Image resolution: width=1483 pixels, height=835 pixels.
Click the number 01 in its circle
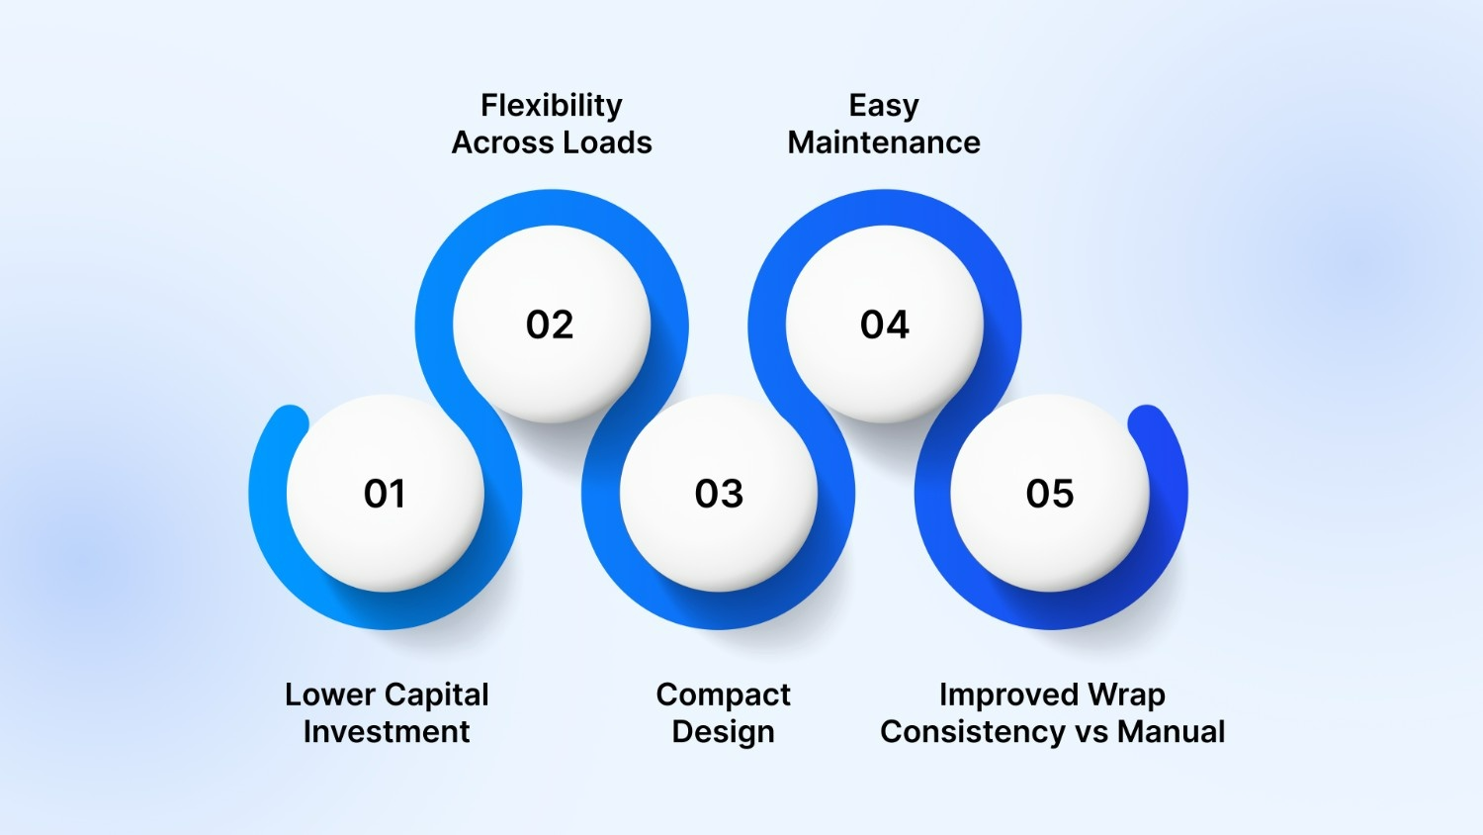(x=385, y=494)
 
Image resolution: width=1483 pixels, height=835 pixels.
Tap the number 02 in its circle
(x=550, y=325)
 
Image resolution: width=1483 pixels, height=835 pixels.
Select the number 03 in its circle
(x=719, y=494)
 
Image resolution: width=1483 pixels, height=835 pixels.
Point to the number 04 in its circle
(x=884, y=325)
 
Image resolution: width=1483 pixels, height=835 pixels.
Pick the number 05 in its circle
(x=1050, y=494)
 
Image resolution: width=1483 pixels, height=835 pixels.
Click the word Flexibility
(x=552, y=106)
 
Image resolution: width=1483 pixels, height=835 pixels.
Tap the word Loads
(x=608, y=142)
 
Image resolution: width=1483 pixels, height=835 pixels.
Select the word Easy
(x=884, y=106)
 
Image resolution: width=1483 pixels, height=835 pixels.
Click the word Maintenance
(x=884, y=142)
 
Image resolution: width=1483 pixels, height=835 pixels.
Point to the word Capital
(x=437, y=696)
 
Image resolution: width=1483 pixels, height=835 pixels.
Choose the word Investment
(x=387, y=732)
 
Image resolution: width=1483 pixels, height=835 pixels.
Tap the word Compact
(x=723, y=696)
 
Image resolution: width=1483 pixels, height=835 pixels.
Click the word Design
(x=723, y=733)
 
